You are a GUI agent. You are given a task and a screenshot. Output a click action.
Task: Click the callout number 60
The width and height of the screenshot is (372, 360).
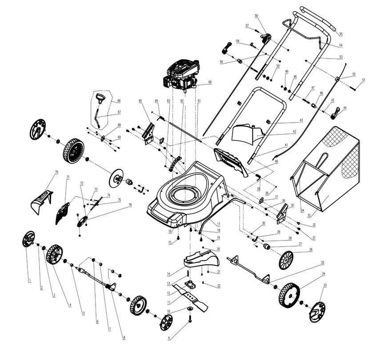pyautogui.click(x=209, y=83)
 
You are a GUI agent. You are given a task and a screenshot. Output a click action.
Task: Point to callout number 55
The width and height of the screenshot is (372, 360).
pyautogui.click(x=341, y=34)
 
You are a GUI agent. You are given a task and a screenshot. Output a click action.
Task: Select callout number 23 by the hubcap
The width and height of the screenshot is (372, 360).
pyautogui.click(x=325, y=285)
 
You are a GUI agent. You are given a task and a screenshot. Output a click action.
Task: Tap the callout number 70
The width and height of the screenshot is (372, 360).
pyautogui.click(x=56, y=172)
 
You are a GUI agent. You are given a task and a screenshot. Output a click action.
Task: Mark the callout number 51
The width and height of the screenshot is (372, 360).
pyautogui.click(x=364, y=80)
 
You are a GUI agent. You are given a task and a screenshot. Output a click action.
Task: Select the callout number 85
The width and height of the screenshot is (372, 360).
pyautogui.click(x=140, y=101)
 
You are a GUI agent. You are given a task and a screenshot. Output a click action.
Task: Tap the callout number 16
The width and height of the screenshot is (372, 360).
pyautogui.click(x=170, y=232)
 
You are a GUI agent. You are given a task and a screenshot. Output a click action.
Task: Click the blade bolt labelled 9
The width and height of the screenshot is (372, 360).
pyautogui.click(x=190, y=316)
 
